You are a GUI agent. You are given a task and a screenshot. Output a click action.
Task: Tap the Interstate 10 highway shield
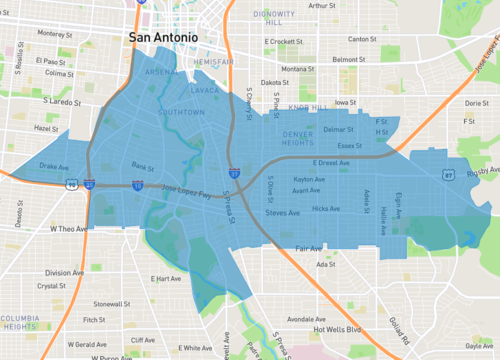pyautogui.click(x=137, y=185)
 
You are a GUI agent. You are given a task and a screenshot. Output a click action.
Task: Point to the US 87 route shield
pyautogui.click(x=449, y=174)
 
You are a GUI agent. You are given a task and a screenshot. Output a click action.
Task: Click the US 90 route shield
pyautogui.click(x=71, y=185)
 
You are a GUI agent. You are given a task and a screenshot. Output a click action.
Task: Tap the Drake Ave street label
pyautogui.click(x=53, y=166)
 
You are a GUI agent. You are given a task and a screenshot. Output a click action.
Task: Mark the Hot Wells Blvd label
pyautogui.click(x=336, y=329)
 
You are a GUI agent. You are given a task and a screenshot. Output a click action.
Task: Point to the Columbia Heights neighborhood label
pyautogui.click(x=18, y=322)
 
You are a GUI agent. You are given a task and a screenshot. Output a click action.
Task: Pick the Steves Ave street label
pyautogui.click(x=282, y=213)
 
